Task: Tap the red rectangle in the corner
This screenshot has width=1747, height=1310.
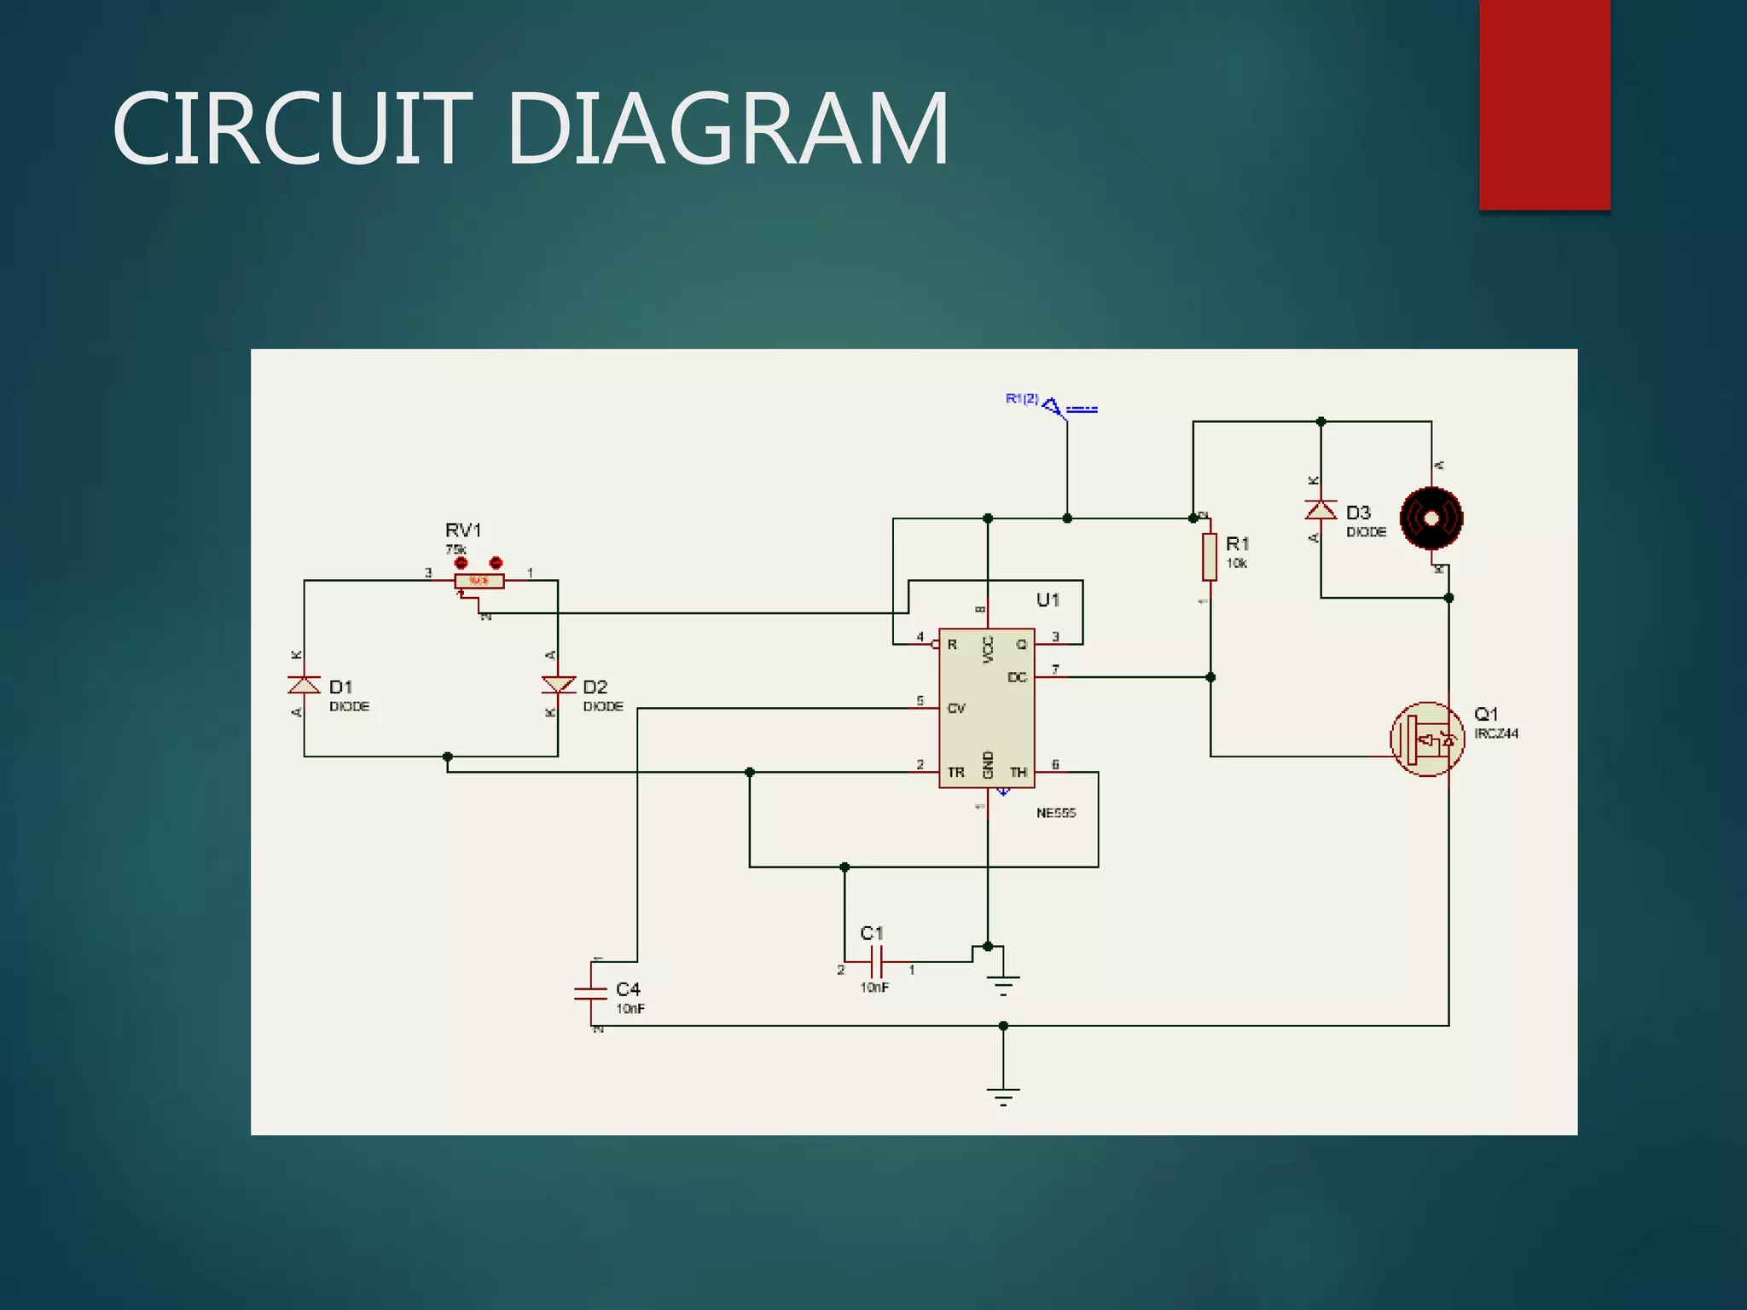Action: pos(1544,104)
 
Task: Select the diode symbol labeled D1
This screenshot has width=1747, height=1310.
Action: pos(305,685)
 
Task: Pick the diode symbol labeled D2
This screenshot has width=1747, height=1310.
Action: pos(558,684)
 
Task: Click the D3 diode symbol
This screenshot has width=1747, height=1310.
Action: pos(1320,510)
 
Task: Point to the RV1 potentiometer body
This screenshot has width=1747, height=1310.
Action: pos(479,582)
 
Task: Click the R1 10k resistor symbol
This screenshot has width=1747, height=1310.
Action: pos(1210,556)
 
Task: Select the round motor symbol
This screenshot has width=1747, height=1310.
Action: pos(1431,518)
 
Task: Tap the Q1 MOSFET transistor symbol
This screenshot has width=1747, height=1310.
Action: pos(1427,739)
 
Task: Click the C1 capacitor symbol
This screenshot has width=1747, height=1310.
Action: pos(876,961)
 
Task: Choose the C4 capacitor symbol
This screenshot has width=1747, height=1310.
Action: pos(591,992)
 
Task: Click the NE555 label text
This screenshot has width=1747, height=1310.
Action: pos(1055,813)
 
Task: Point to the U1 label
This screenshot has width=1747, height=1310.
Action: pos(1048,600)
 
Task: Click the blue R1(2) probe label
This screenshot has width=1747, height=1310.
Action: pos(1021,398)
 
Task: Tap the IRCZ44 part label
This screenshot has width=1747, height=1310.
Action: pos(1496,733)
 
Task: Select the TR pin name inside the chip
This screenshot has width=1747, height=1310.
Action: pos(955,773)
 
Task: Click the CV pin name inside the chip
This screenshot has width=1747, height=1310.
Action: pos(955,709)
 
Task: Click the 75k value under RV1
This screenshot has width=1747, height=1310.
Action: pos(456,549)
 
